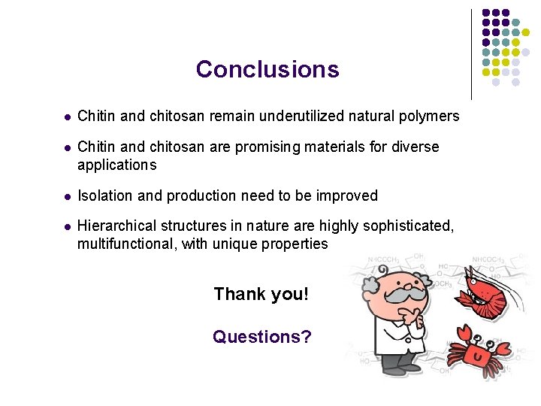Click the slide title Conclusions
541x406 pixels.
(267, 69)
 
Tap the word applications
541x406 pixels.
(117, 164)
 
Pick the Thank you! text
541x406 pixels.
(261, 294)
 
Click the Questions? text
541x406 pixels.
(261, 337)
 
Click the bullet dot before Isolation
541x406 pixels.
(67, 196)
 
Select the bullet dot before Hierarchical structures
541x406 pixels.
(67, 226)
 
